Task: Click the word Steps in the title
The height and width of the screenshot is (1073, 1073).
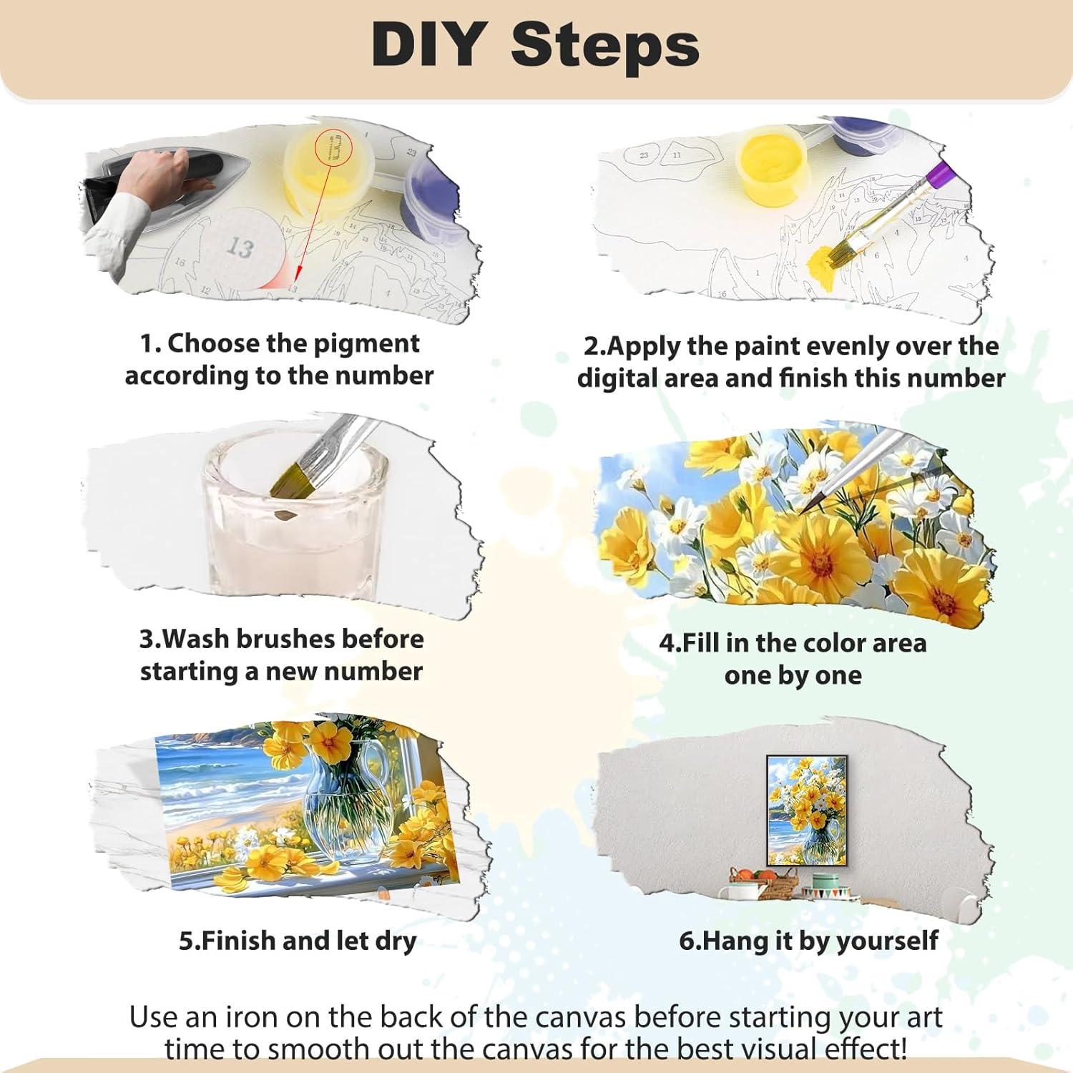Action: click(604, 44)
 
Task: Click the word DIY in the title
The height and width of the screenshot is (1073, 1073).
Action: click(429, 44)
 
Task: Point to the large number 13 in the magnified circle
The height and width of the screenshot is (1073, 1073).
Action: click(240, 248)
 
